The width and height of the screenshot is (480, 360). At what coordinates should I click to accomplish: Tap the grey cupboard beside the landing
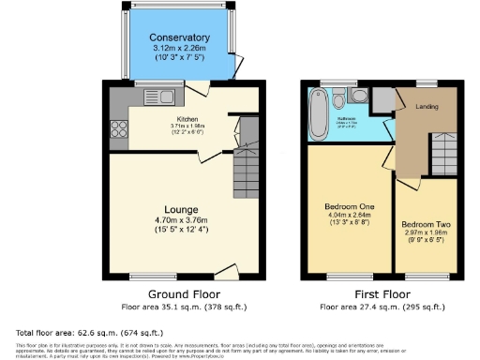[x=382, y=99]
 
